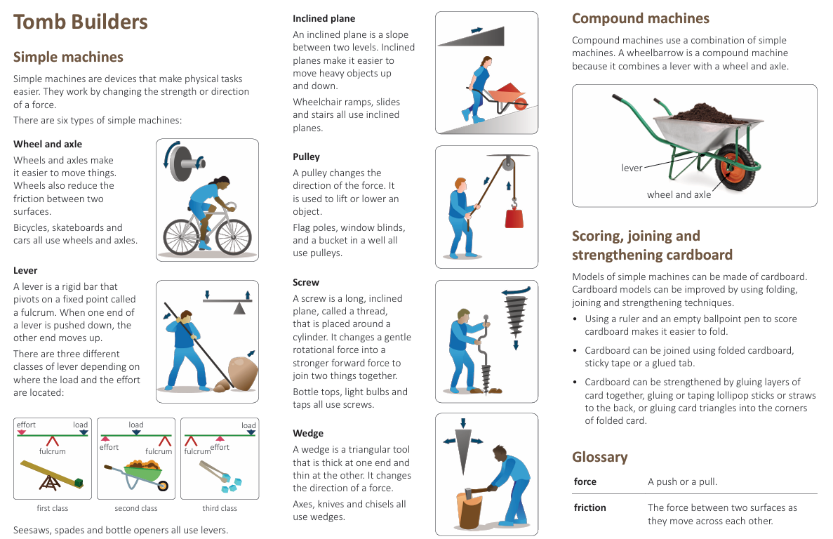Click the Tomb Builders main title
pos(81,22)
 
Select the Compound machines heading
pos(640,19)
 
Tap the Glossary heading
pos(600,457)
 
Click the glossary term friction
pos(589,507)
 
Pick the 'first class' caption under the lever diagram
pos(53,508)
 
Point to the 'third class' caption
pos(220,508)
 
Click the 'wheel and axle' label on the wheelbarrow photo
pos(679,194)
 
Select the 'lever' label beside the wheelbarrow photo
pos(632,168)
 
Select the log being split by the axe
pos(469,510)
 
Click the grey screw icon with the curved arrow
pos(514,316)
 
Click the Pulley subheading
pos(306,157)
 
